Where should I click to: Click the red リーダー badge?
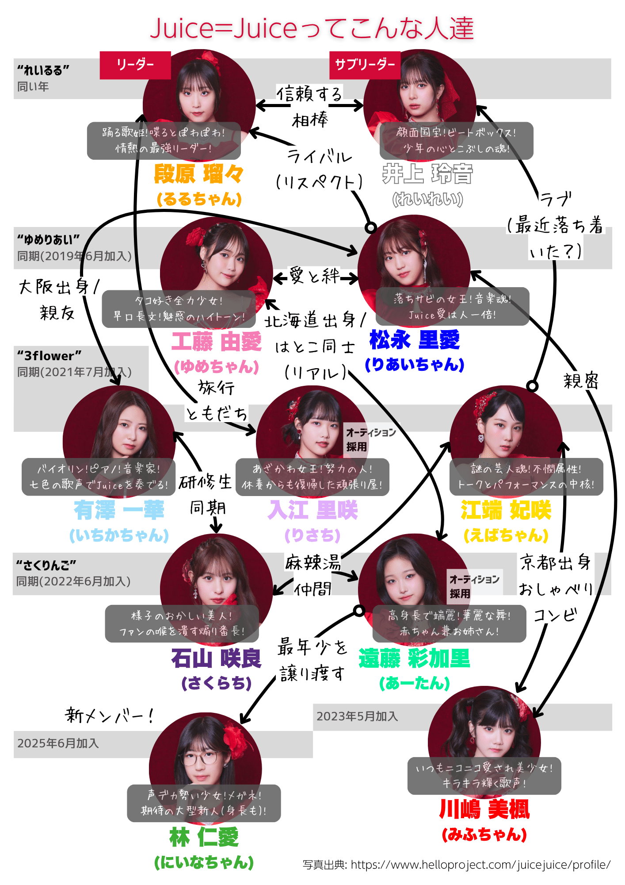[135, 65]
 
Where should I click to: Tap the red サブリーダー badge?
[365, 65]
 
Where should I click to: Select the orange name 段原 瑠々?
[199, 174]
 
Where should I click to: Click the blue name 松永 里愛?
[415, 340]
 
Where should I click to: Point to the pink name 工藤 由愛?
[217, 342]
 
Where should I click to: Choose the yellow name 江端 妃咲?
[506, 510]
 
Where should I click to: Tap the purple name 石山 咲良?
[216, 658]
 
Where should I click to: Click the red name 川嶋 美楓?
[484, 809]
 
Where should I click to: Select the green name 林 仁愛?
[204, 837]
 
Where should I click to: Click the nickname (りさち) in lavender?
[312, 535]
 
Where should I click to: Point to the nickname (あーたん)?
[415, 683]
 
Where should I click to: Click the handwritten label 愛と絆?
[314, 276]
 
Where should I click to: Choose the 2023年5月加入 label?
[357, 716]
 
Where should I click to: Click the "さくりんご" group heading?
[46, 565]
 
